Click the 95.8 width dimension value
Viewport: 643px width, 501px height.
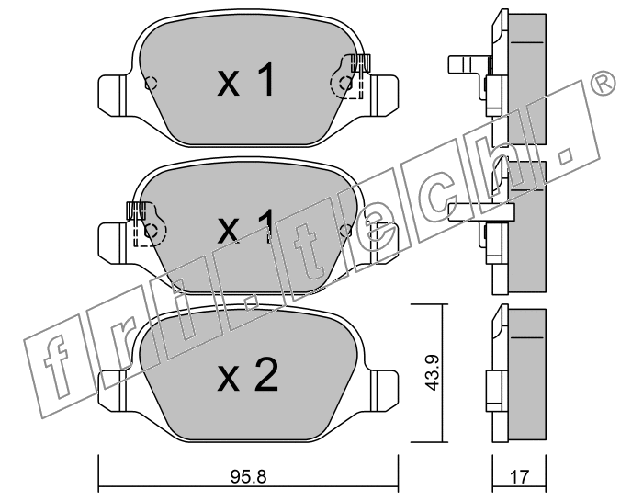point(249,477)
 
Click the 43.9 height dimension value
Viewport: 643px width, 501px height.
point(433,373)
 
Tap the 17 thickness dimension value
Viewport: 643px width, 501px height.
point(520,477)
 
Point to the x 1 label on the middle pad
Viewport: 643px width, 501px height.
point(245,225)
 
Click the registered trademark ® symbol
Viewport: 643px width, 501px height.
point(603,84)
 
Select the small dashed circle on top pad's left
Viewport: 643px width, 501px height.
point(151,84)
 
